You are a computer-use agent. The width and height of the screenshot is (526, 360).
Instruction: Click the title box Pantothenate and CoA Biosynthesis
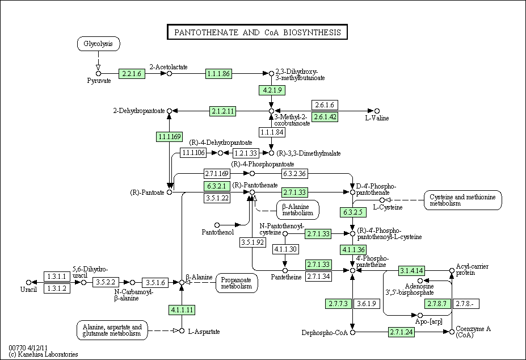(x=257, y=32)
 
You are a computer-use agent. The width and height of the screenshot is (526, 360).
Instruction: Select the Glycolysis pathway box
(x=98, y=44)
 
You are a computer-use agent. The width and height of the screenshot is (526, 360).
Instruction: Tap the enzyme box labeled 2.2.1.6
(x=132, y=74)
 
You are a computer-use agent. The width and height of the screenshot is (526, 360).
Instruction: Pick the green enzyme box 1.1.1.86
(x=218, y=74)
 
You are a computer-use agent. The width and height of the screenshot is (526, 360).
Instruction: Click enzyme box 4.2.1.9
(x=272, y=90)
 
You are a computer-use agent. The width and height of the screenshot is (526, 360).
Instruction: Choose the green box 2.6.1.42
(x=325, y=117)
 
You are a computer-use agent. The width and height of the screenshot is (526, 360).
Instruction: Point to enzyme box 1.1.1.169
(x=170, y=137)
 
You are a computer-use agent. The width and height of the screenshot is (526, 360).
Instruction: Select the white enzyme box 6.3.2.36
(x=294, y=174)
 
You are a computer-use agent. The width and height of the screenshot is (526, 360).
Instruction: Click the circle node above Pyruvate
(x=98, y=74)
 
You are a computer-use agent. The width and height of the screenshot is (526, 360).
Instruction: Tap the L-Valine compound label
(x=377, y=118)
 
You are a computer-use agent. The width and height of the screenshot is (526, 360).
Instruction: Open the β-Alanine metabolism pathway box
(x=297, y=210)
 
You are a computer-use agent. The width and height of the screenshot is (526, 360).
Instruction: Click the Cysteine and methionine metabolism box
(x=462, y=200)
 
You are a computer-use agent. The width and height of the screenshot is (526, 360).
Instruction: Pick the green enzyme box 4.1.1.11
(x=182, y=309)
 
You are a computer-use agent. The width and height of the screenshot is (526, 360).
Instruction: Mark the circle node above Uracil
(x=28, y=282)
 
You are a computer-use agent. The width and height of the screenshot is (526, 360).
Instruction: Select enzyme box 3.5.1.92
(x=253, y=242)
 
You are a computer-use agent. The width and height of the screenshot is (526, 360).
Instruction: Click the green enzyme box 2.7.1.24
(x=402, y=332)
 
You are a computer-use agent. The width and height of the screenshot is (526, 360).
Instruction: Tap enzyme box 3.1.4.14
(x=411, y=270)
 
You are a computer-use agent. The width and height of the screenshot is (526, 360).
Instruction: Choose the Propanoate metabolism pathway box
(x=237, y=283)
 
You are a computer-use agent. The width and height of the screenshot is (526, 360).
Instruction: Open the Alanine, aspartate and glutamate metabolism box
(x=112, y=330)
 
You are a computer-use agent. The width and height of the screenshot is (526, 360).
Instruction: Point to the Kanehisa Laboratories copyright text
(x=43, y=354)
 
